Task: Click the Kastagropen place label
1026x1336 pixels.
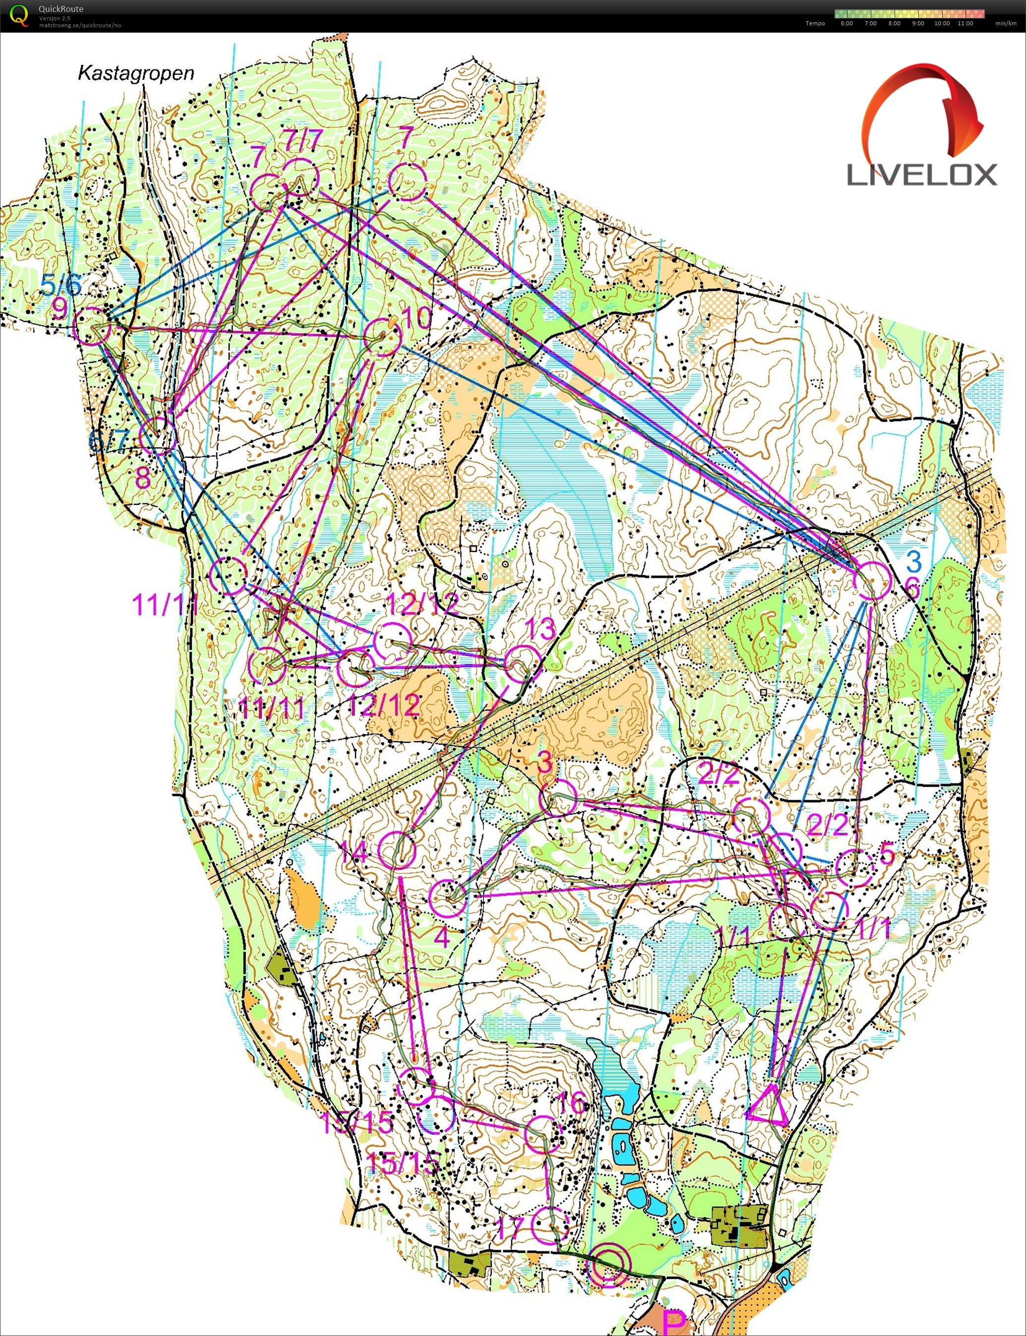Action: tap(135, 73)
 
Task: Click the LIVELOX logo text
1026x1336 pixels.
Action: tap(921, 175)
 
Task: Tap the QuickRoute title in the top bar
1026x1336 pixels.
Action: tap(60, 8)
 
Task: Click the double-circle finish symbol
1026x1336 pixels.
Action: tap(607, 1264)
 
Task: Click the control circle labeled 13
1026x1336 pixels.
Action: tap(522, 663)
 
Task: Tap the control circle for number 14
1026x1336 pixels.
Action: tap(397, 850)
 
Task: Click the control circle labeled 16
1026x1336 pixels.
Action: tap(543, 1134)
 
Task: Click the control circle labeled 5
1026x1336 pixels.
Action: tap(854, 868)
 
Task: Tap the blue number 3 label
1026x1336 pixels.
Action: tap(913, 560)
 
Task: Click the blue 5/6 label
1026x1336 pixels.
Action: tap(61, 285)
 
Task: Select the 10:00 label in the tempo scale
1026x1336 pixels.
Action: tap(942, 23)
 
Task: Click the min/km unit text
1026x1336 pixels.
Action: tap(1005, 23)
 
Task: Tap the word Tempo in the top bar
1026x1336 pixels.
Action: tap(815, 23)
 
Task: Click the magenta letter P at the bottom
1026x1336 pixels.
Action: tap(674, 1323)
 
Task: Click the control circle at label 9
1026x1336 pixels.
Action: tap(92, 325)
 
